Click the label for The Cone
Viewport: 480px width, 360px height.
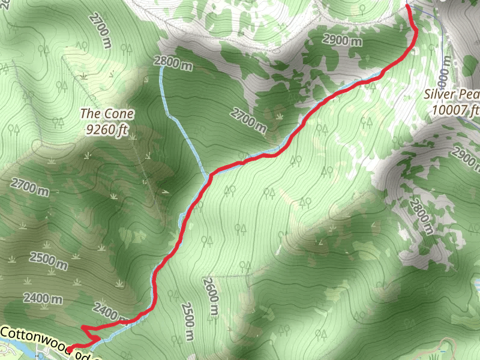point(107,113)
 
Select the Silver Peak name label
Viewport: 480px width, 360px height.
point(452,94)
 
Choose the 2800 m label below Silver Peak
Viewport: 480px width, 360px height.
point(421,215)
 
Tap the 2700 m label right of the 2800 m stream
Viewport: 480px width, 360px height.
point(249,119)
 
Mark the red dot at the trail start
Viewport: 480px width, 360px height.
point(70,349)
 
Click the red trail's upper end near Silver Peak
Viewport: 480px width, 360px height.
point(408,6)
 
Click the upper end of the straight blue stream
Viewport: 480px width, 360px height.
point(162,67)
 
